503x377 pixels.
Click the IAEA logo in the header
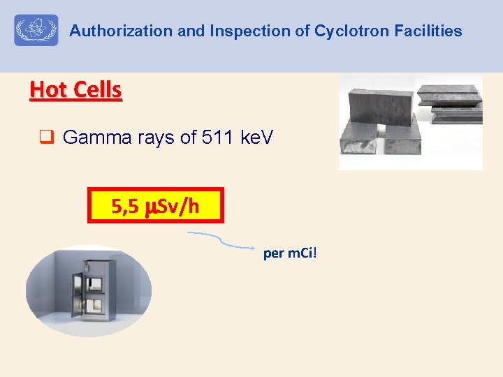(x=36, y=31)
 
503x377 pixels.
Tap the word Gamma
(x=94, y=138)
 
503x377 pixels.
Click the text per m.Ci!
(x=290, y=252)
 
